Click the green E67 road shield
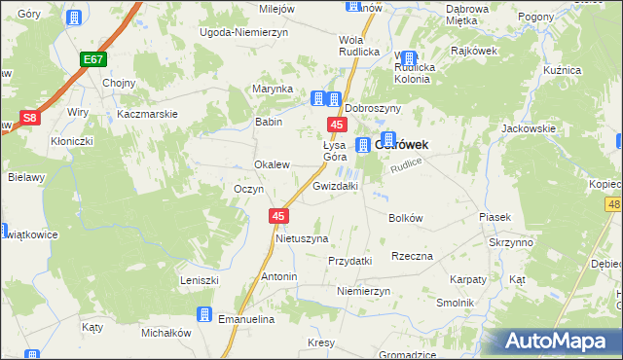[92, 60]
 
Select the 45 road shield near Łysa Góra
[337, 126]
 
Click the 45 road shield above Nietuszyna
[279, 216]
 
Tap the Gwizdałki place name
[336, 185]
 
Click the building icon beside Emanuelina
[203, 314]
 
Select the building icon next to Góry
[72, 18]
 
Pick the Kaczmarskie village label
[146, 114]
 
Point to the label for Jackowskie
[528, 128]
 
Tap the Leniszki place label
[198, 280]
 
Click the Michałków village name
[165, 333]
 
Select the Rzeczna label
[412, 256]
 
